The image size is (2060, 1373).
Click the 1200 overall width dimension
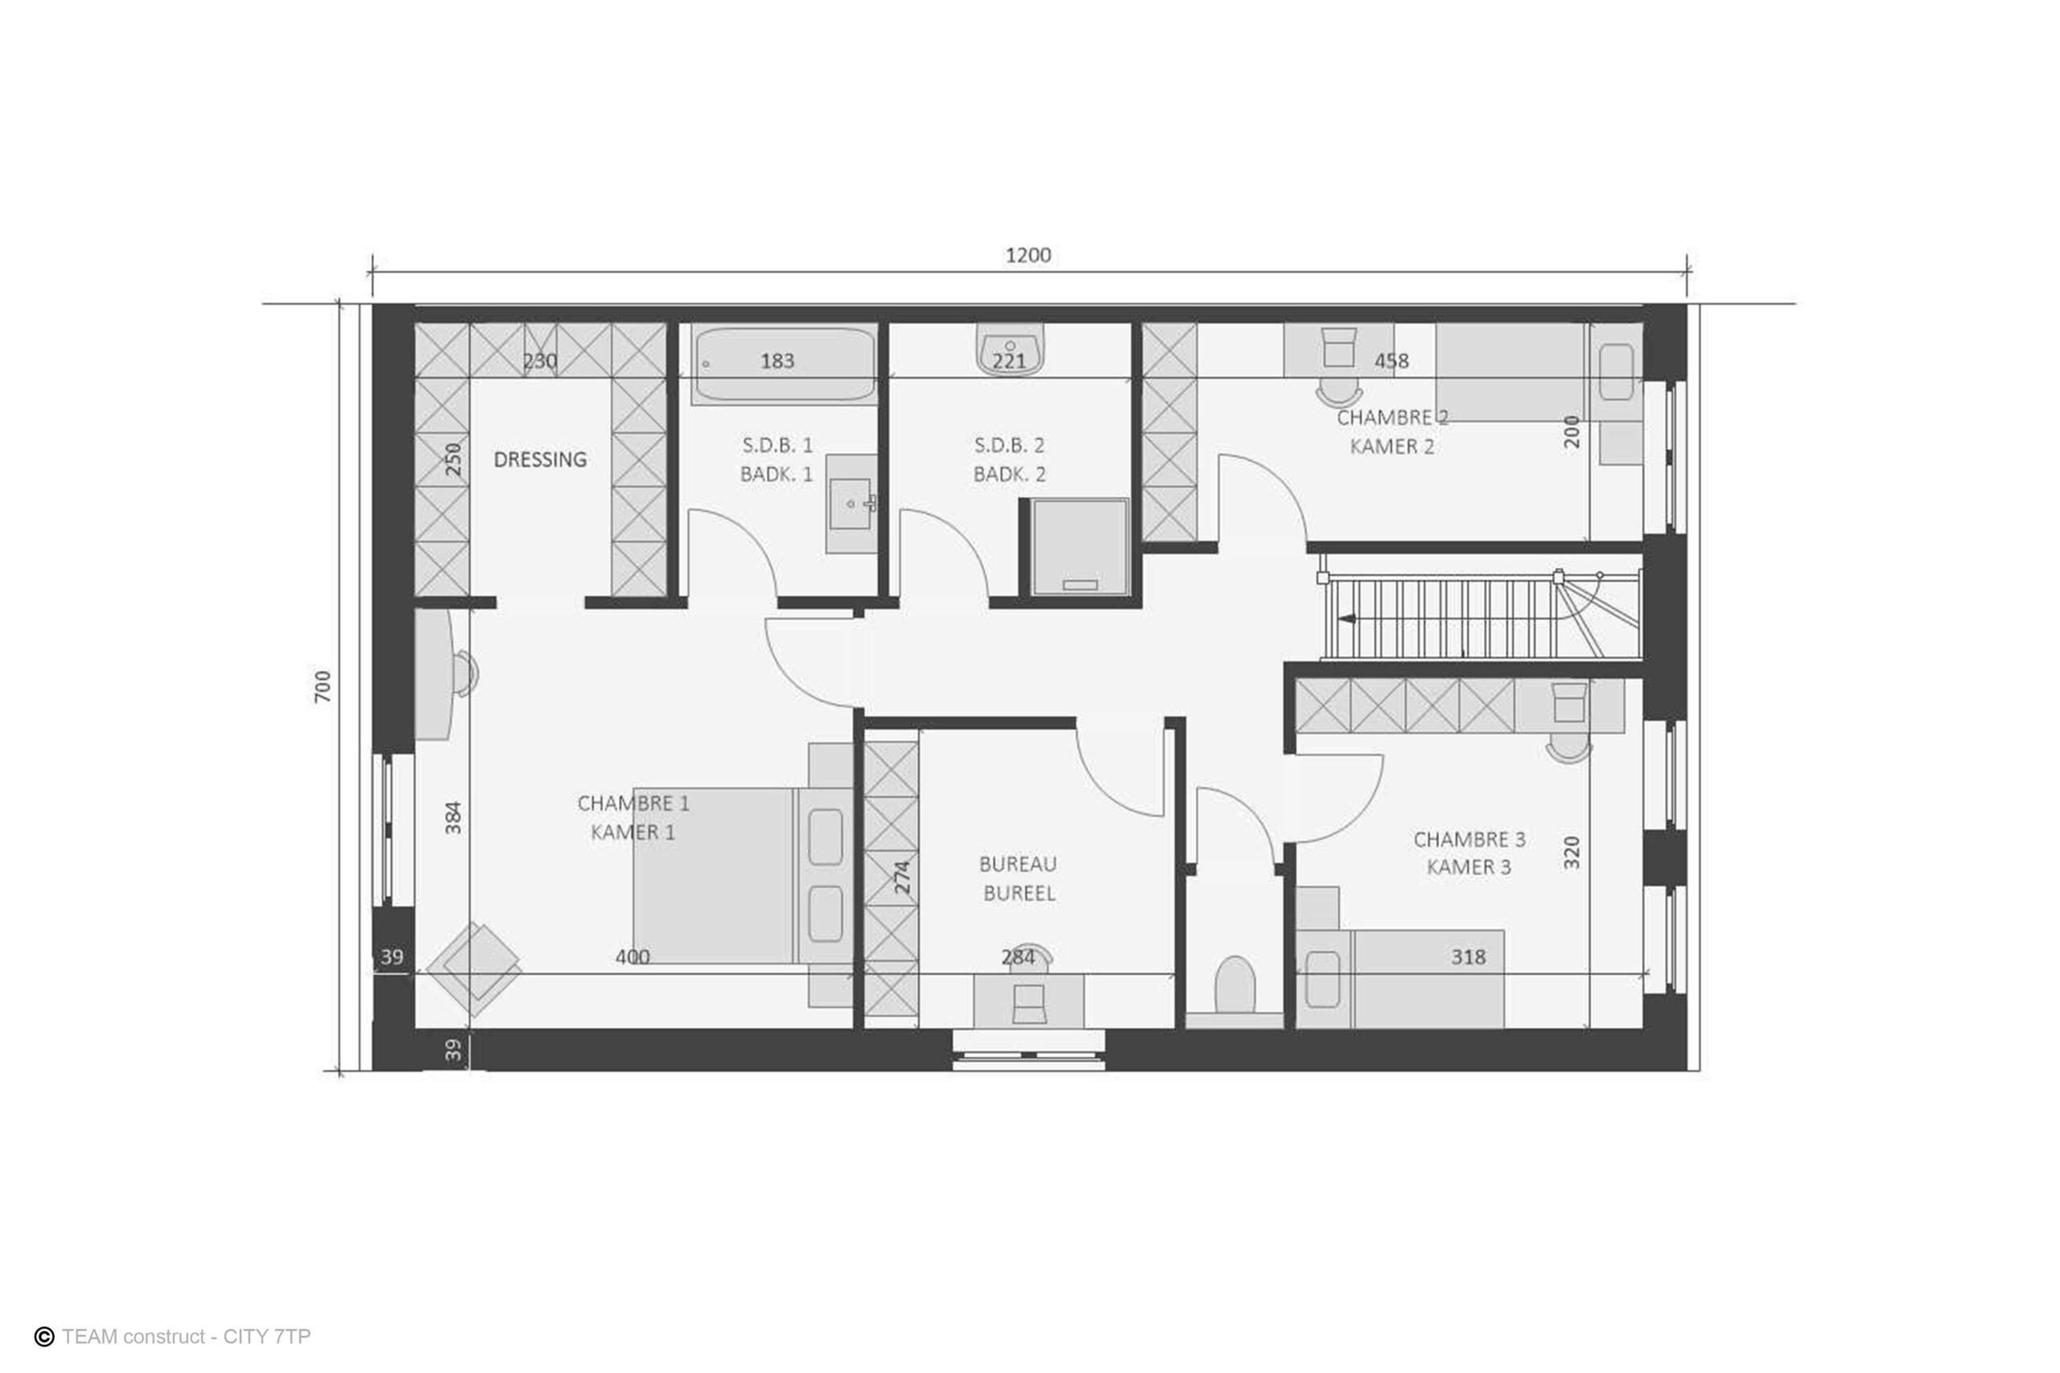pos(1028,255)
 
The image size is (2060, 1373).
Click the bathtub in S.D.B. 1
pos(785,365)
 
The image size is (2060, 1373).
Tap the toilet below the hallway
pos(1235,986)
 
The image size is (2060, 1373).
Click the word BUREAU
pos(1018,864)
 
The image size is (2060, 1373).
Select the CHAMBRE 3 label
pos(1469,839)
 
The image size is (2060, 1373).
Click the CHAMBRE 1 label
pos(633,803)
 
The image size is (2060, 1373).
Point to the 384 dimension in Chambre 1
pos(453,818)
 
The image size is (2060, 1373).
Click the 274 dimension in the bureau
pos(902,878)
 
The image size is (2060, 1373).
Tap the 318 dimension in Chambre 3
pos(1468,957)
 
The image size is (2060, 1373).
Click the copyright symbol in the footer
pos(43,1336)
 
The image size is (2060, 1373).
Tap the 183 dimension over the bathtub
pos(777,361)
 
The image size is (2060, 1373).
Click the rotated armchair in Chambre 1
pos(474,969)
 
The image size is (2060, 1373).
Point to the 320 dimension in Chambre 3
pos(1572,852)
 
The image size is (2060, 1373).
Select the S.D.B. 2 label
pos(1009,445)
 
